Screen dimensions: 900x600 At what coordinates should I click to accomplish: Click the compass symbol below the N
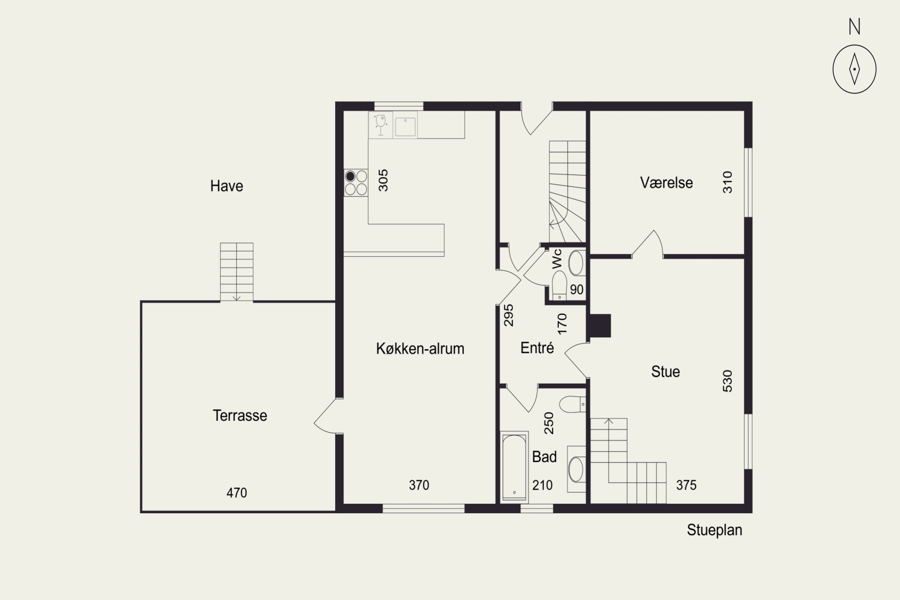click(854, 69)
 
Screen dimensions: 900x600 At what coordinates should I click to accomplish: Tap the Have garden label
click(226, 186)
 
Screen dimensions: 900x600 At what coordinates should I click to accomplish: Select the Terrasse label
click(240, 415)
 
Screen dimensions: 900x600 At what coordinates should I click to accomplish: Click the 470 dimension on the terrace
click(237, 493)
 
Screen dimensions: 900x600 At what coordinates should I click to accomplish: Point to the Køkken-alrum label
click(420, 349)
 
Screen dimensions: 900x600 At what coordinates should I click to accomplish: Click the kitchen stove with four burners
click(356, 183)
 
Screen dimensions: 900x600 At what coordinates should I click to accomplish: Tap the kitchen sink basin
click(405, 127)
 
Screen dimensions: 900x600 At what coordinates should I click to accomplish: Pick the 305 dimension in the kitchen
click(383, 180)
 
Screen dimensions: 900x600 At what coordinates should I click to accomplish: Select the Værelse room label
click(666, 182)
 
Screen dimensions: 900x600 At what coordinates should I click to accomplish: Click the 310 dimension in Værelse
click(727, 182)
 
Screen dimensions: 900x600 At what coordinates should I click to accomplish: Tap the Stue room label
click(665, 372)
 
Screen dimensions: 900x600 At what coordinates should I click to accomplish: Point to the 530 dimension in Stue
click(727, 381)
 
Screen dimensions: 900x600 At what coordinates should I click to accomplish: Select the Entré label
click(537, 347)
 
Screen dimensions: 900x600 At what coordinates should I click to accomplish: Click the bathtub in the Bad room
click(514, 467)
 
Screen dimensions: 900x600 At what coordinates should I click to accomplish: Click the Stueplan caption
click(714, 530)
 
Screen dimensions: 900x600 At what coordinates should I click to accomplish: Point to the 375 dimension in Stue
click(686, 485)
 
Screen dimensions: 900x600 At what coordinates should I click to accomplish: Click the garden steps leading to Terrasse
click(236, 272)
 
